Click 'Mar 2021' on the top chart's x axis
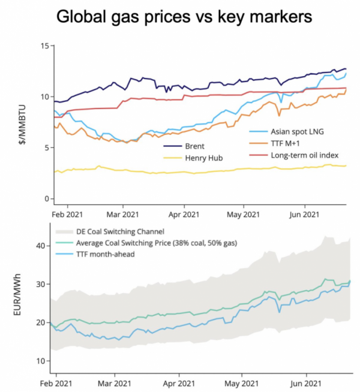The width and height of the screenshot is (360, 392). (123, 213)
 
